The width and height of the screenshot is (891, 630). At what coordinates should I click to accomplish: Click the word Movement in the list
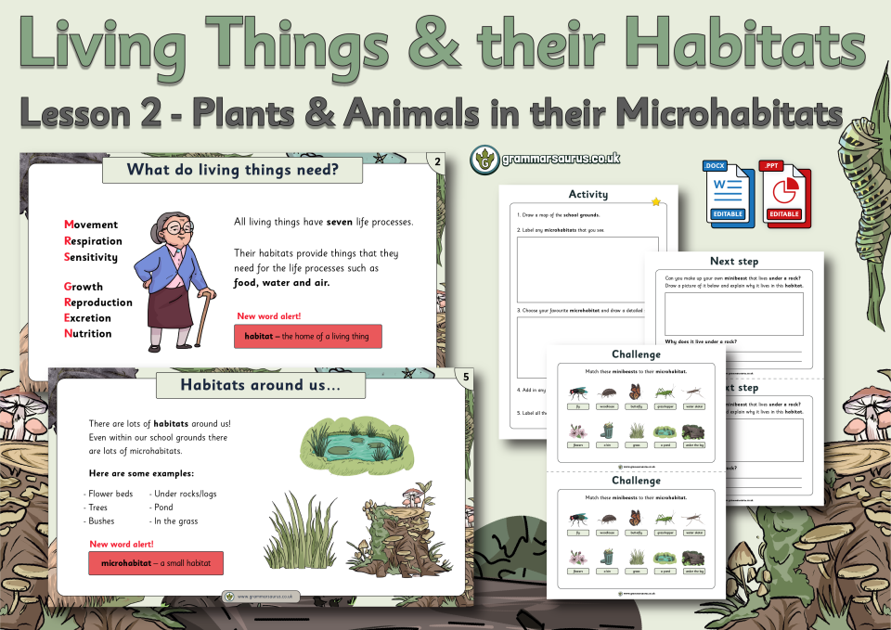coord(91,225)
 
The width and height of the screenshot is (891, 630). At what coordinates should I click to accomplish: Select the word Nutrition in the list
coord(87,333)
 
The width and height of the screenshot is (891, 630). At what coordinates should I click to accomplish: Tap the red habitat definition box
coord(307,336)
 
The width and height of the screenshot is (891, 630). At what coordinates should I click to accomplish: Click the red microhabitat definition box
coord(155,563)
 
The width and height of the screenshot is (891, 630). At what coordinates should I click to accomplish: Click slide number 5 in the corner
coord(465,376)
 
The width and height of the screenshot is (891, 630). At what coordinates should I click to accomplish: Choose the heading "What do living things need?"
coord(232,170)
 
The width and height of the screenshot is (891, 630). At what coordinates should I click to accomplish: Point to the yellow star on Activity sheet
coord(656,201)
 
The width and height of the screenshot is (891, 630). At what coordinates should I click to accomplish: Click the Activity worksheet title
coord(588,194)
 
